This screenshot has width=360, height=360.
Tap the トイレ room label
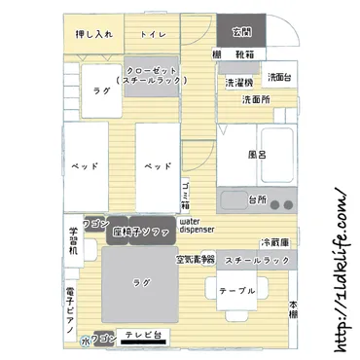click(x=153, y=34)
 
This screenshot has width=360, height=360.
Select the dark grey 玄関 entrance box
click(x=234, y=31)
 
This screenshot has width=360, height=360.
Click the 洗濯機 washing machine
click(x=240, y=82)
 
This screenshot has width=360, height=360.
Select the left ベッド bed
click(x=83, y=166)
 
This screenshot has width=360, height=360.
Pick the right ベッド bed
click(x=157, y=166)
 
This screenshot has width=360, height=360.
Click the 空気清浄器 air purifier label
click(x=195, y=260)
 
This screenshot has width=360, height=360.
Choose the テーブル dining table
click(x=235, y=290)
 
